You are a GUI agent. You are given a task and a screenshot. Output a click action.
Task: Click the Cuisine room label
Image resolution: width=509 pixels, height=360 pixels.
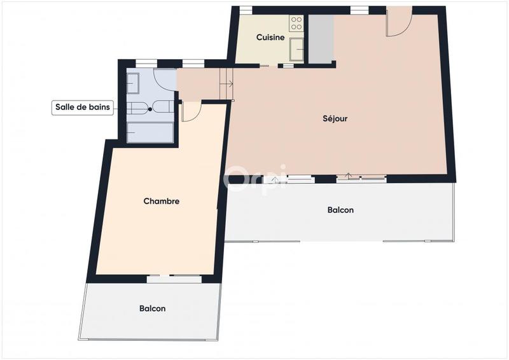pos(270,38)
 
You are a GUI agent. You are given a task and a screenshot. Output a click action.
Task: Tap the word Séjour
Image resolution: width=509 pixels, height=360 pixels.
pos(335,118)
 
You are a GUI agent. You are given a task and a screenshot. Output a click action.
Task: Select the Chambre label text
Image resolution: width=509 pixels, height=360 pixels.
pos(161,201)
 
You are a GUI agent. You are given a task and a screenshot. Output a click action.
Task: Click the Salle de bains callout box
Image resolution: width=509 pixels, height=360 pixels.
pos(82,107)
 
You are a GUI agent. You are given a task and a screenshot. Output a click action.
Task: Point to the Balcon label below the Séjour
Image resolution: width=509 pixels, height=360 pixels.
pos(340,210)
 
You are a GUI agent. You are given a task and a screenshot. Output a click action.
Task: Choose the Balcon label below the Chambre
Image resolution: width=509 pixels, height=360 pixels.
pos(152,308)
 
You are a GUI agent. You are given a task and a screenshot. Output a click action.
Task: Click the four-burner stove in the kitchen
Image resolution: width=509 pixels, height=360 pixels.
pos(296,24)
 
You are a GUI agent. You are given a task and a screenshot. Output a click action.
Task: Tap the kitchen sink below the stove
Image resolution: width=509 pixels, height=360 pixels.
pos(296,48)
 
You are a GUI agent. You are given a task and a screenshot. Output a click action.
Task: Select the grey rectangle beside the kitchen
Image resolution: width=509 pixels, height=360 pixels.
pos(321,38)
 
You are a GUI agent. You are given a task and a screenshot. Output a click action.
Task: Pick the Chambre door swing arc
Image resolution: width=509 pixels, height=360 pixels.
pos(191,111)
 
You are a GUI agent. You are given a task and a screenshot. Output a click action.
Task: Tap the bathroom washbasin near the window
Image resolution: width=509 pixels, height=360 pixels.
pos(133,82)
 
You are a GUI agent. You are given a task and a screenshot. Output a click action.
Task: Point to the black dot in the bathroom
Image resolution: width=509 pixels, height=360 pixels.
pos(150,109)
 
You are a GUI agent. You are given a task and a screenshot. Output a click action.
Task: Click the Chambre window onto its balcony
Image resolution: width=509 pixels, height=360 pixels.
pos(174,279)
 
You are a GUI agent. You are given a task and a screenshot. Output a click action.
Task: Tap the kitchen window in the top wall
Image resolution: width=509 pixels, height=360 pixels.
pos(246,10)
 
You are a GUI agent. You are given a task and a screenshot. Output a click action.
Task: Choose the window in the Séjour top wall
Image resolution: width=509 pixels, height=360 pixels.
pos(359,10)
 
